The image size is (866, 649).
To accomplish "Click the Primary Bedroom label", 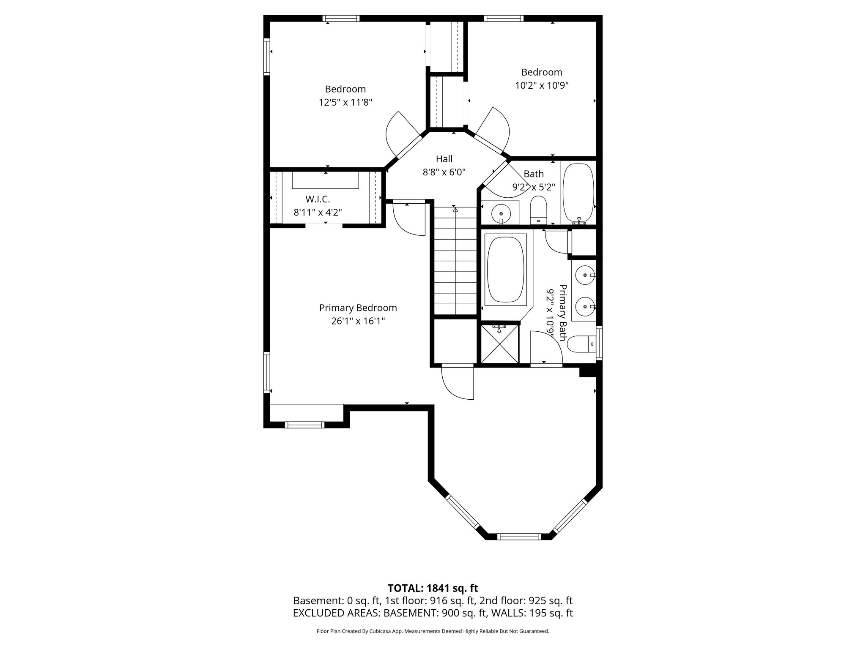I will click(358, 308).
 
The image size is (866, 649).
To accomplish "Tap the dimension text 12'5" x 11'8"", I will click(345, 102).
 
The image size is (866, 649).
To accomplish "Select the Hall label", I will click(444, 159).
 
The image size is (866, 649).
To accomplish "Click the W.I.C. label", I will click(318, 199).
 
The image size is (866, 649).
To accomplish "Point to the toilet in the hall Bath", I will click(538, 210).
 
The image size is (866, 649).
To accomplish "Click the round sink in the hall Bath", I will click(501, 211).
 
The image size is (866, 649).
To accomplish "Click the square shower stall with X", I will click(500, 344).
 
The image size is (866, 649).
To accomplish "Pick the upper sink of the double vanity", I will click(585, 275).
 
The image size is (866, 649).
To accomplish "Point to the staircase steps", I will click(455, 262).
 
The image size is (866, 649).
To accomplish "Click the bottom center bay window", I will click(519, 537).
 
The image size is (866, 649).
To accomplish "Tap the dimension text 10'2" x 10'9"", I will click(542, 85).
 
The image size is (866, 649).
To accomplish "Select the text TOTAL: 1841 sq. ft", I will click(433, 588).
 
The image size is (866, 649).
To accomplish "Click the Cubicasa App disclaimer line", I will click(433, 631).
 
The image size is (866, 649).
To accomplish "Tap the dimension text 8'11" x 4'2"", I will click(318, 212).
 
